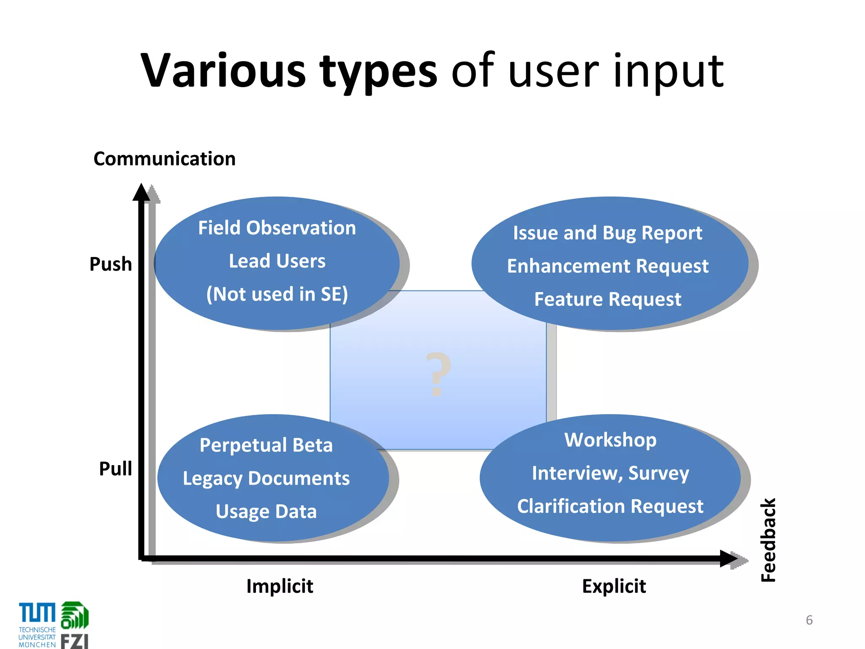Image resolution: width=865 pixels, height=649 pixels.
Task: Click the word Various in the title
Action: (x=223, y=71)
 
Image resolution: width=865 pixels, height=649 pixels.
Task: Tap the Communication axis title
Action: (x=164, y=159)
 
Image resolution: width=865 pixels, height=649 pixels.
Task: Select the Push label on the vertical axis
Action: (x=111, y=264)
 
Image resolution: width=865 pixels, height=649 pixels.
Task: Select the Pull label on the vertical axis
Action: (x=115, y=469)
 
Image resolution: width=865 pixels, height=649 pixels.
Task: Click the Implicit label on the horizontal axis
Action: (x=280, y=586)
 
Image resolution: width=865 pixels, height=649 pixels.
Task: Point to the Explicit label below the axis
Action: (x=614, y=586)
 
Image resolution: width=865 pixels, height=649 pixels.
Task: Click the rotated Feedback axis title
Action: (x=768, y=540)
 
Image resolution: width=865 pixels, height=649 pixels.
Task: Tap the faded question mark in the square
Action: (x=438, y=374)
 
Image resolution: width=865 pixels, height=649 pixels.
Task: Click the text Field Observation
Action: (x=277, y=228)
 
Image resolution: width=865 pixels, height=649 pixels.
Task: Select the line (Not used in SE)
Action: (x=277, y=294)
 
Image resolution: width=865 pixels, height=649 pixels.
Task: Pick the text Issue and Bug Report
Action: (x=607, y=233)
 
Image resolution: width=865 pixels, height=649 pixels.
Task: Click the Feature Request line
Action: (x=607, y=299)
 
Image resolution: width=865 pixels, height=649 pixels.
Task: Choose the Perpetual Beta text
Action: (x=266, y=445)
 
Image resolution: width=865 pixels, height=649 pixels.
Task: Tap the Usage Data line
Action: (x=266, y=511)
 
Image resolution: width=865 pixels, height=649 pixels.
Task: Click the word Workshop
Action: (x=610, y=440)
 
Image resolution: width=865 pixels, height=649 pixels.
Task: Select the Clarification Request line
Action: (x=610, y=506)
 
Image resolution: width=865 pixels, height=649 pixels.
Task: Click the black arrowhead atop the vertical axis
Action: (x=141, y=193)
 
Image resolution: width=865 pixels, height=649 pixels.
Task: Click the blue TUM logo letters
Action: (x=37, y=613)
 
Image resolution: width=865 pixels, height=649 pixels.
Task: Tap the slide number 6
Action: (x=809, y=620)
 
